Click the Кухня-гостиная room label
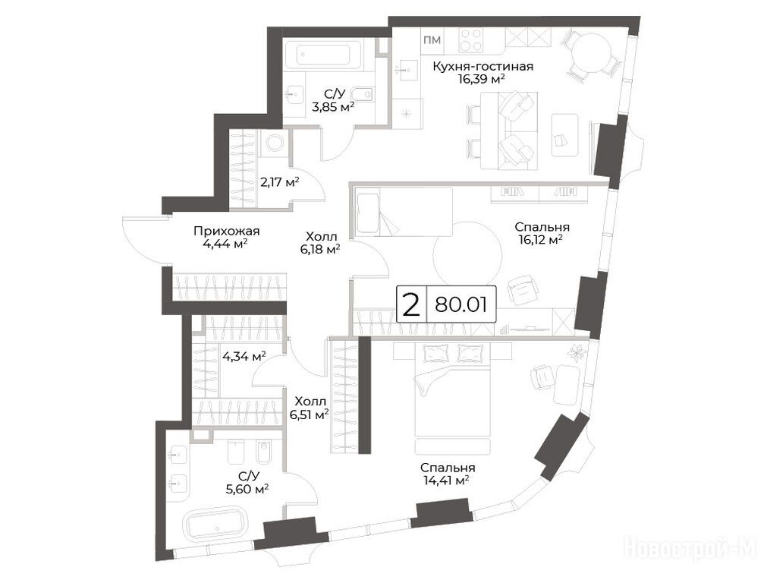[483, 66]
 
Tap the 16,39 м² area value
[481, 79]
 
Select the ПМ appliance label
[432, 40]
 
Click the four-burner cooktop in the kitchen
[470, 39]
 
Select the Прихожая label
[227, 231]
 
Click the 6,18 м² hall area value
[321, 250]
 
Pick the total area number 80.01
[461, 304]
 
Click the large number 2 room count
[411, 304]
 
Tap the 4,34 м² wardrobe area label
[244, 356]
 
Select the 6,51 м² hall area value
[309, 415]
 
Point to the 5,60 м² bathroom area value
[249, 488]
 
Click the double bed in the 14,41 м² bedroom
[452, 389]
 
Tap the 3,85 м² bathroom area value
[333, 106]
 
